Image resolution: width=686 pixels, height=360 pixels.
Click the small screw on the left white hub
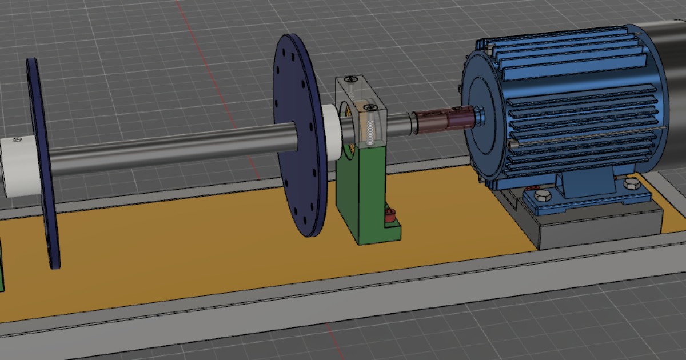tap(18, 139)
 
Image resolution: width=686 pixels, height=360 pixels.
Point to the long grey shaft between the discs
tap(171, 150)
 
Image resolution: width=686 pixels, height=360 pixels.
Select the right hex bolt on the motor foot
tap(631, 184)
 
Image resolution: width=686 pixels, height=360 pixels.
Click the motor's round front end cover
tap(486, 114)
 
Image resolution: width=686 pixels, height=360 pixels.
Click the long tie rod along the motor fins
tap(589, 137)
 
